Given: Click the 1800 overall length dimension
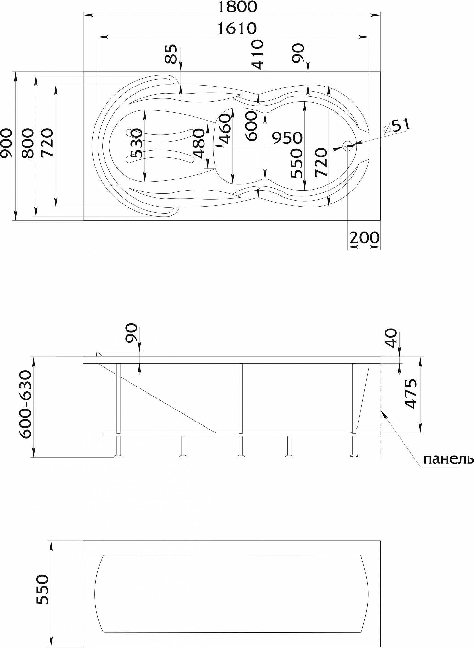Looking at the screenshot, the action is coord(237,7).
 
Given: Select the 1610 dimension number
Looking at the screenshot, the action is coord(237,29).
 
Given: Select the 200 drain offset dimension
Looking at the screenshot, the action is coord(364,238).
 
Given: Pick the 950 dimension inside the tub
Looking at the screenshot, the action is coord(287,138).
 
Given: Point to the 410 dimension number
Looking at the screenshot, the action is coord(258,54).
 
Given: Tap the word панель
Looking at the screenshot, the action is coord(448,459).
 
